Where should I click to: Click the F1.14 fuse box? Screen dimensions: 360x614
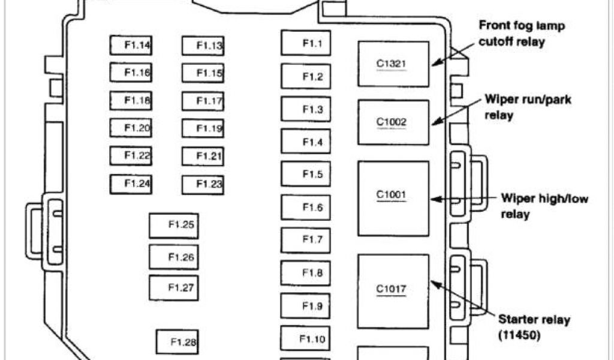click(x=131, y=45)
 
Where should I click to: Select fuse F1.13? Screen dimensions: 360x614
click(x=203, y=46)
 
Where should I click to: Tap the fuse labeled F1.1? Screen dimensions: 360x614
click(x=306, y=43)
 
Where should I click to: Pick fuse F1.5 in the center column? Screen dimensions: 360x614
click(x=306, y=175)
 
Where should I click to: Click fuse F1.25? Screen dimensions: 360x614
click(x=173, y=226)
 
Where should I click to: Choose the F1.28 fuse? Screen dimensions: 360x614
click(x=177, y=343)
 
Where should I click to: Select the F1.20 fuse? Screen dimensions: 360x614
click(x=131, y=128)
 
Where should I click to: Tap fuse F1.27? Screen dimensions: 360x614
click(x=173, y=288)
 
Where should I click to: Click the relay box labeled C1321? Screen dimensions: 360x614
click(x=393, y=64)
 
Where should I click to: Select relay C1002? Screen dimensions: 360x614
click(x=393, y=122)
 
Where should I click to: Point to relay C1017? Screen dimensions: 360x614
click(x=393, y=290)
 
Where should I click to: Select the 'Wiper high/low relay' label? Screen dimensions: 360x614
click(x=543, y=206)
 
